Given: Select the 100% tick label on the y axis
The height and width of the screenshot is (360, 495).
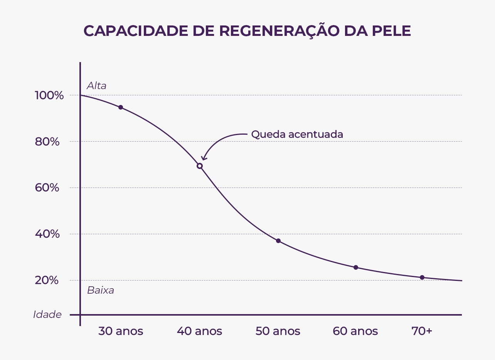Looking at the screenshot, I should point(49,95).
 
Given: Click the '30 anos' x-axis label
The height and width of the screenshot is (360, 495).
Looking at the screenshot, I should point(121,331).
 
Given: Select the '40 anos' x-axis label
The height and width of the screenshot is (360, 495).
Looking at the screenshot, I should point(199,331).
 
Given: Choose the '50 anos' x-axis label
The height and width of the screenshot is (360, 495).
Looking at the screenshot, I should point(278,331).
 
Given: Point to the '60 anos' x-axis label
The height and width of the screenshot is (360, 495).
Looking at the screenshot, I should point(355,331).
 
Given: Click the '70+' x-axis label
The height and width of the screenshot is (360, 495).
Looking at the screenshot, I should point(422,331).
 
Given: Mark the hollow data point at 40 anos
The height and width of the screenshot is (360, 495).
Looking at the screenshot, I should point(200,166).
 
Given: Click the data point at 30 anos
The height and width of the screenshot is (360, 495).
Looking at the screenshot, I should point(121,107).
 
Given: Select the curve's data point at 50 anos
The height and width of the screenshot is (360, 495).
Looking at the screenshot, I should point(278,241).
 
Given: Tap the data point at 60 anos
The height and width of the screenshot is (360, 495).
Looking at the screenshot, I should point(356,267).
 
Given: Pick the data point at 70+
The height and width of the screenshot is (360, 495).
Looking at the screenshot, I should point(422,277).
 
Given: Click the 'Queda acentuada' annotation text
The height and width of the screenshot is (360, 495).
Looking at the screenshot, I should point(297,134).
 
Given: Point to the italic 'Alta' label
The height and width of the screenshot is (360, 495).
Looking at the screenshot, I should point(96,86).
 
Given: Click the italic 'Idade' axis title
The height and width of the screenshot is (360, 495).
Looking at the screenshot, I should point(47,314).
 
